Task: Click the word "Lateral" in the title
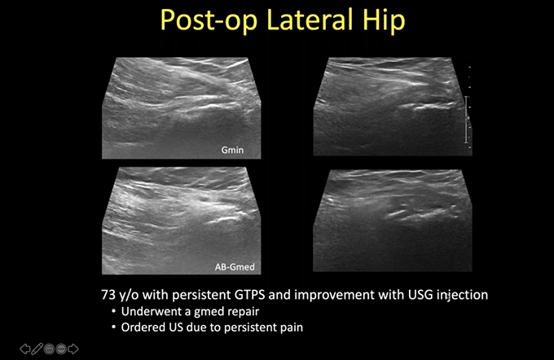(x=310, y=20)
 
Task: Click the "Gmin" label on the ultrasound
(x=232, y=150)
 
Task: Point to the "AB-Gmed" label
(x=235, y=266)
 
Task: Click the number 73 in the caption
(x=108, y=295)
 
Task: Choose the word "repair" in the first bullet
(x=244, y=312)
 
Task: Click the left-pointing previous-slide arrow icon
(x=24, y=349)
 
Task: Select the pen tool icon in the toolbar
(x=37, y=349)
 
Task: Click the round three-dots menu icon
(x=61, y=349)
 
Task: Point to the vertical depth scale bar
(x=466, y=120)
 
